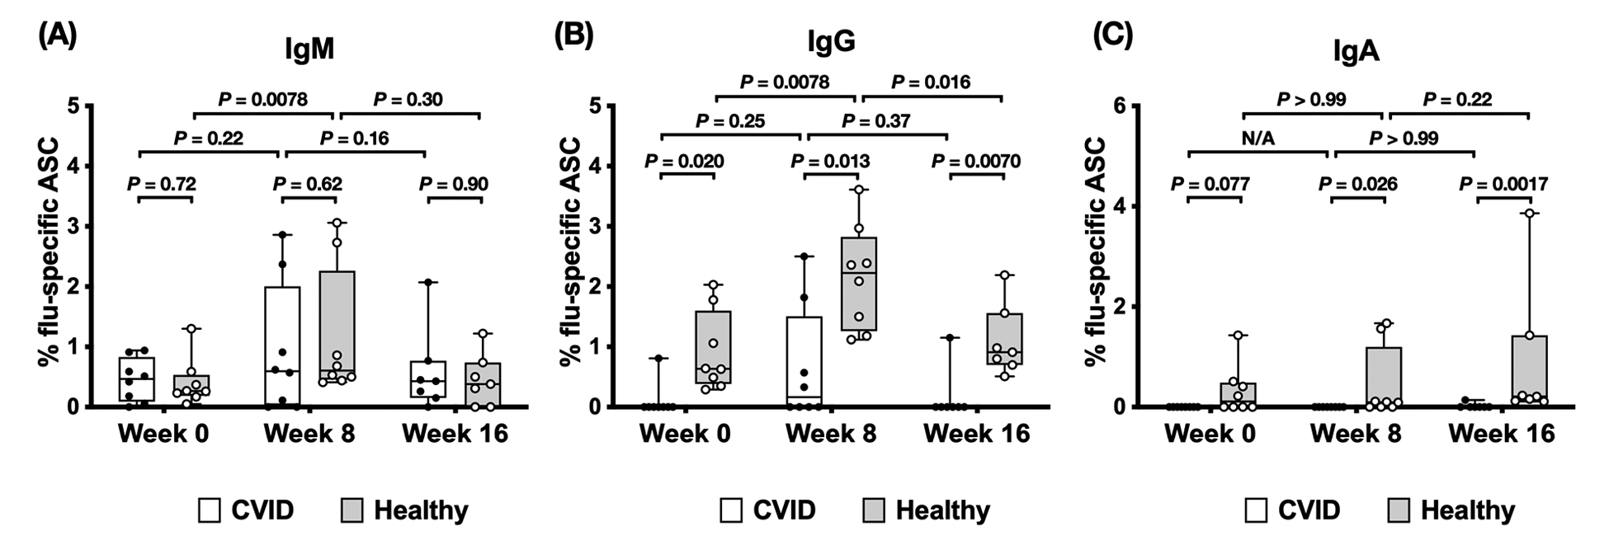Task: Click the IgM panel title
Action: [x=309, y=49]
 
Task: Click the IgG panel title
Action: [x=831, y=41]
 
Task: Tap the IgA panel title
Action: [x=1356, y=52]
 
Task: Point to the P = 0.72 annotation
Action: [x=162, y=183]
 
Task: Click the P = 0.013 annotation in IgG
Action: [x=830, y=161]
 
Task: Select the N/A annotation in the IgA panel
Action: [x=1258, y=138]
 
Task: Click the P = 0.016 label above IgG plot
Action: [x=931, y=82]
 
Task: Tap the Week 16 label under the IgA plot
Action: [x=1501, y=433]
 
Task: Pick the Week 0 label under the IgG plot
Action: [x=685, y=433]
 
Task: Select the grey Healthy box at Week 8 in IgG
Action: [x=859, y=284]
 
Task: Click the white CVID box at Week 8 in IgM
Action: [x=282, y=346]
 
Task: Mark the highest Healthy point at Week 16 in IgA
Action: [x=1528, y=214]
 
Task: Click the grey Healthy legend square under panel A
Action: [x=352, y=510]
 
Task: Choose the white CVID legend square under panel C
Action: [x=1256, y=510]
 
